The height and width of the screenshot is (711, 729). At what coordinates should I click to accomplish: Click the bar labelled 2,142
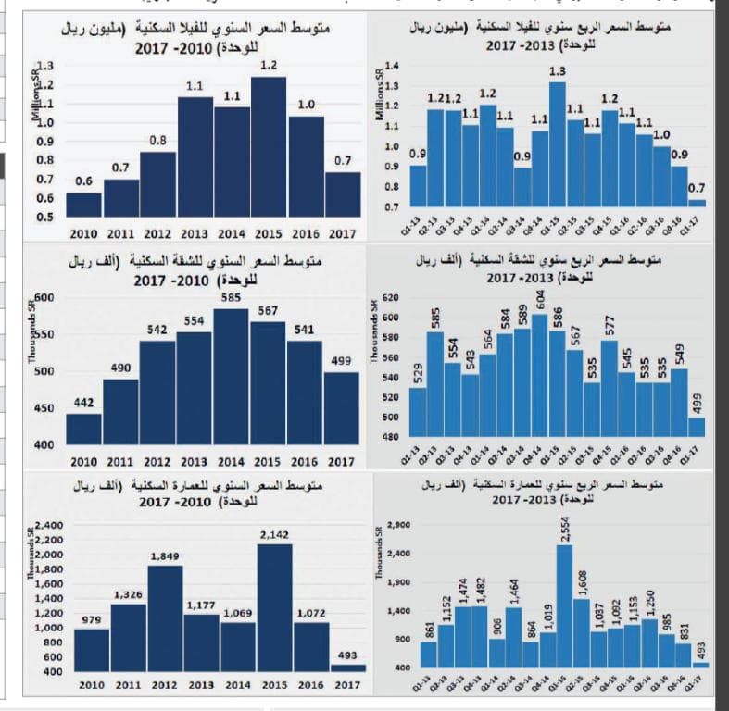tap(274, 607)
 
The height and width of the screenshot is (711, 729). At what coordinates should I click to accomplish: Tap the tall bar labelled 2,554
tap(564, 605)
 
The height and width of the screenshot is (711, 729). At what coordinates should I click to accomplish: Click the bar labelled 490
tap(120, 412)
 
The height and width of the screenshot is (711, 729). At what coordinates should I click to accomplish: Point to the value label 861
tap(429, 629)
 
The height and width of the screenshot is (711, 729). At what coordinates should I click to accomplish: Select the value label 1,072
tap(310, 613)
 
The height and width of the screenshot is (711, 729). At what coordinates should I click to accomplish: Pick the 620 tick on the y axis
tap(389, 299)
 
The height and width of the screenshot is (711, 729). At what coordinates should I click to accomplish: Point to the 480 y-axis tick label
tap(389, 437)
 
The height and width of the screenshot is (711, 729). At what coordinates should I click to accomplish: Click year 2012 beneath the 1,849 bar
tap(158, 686)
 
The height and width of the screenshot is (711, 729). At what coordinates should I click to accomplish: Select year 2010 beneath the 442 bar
tap(84, 461)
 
